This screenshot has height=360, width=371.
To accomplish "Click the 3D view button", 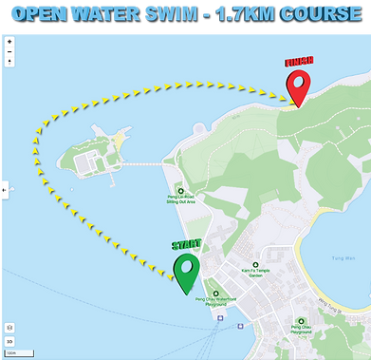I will click(x=9, y=341).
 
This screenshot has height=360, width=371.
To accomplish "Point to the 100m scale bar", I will click(x=11, y=352).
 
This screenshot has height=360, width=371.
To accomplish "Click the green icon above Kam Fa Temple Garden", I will click(x=255, y=263).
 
